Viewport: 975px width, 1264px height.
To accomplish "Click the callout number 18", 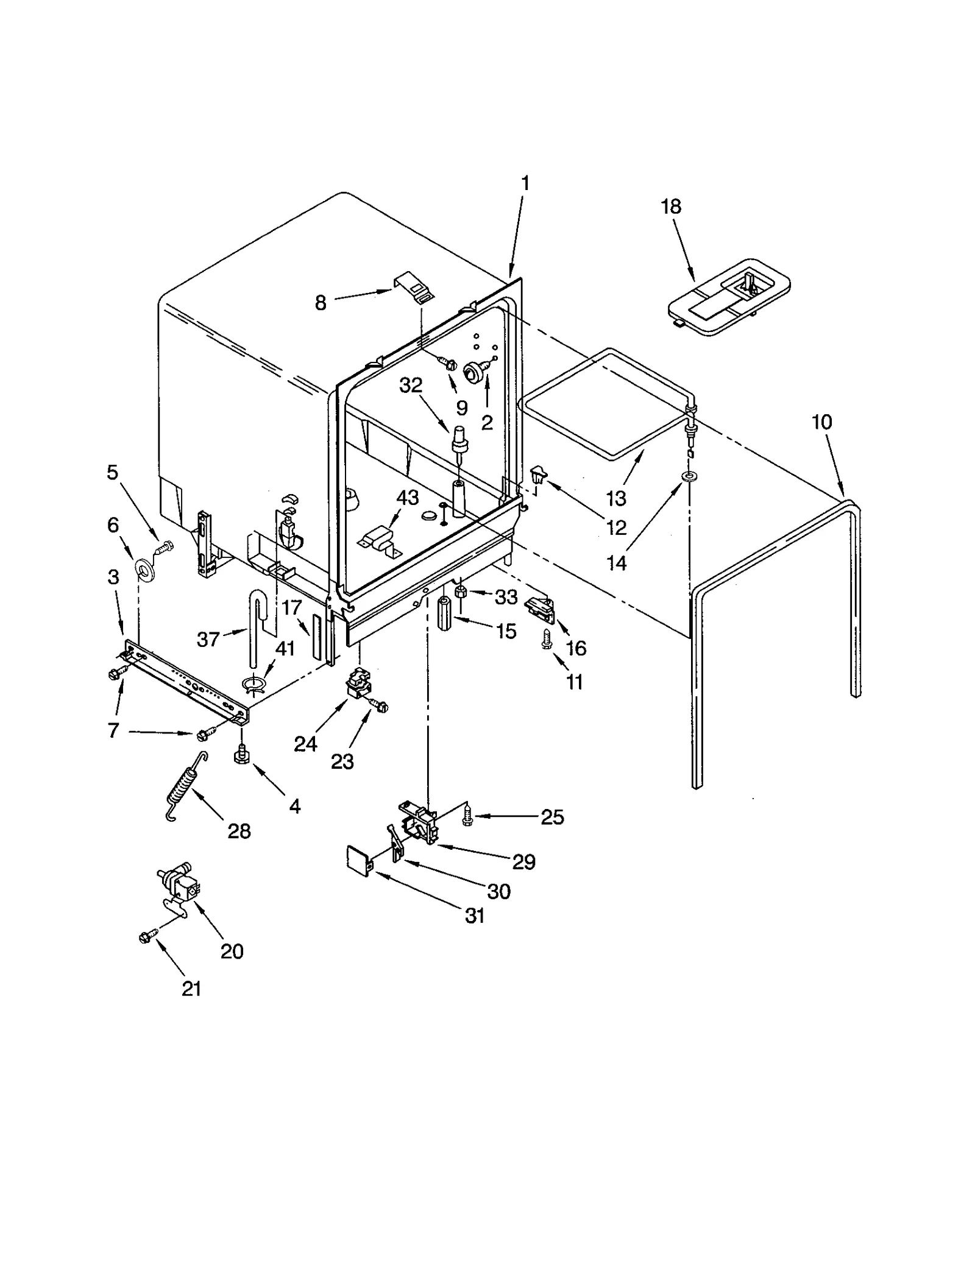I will click(670, 207).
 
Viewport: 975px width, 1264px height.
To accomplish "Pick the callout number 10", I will click(821, 422).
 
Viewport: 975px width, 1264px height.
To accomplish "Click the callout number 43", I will click(407, 498).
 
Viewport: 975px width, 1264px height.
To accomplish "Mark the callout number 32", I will click(411, 386).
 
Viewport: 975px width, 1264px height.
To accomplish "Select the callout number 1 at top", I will click(525, 183).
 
